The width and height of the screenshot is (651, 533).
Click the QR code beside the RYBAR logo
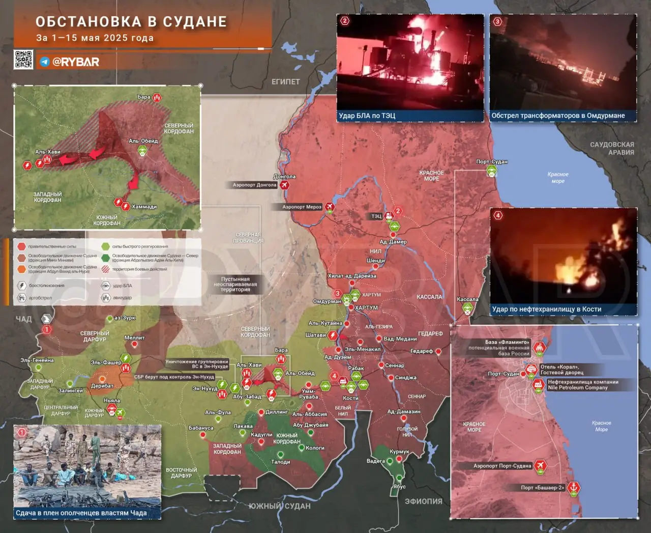pyautogui.click(x=23, y=60)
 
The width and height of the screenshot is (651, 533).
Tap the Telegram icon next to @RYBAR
pyautogui.click(x=45, y=62)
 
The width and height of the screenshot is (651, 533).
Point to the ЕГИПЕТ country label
pyautogui.click(x=285, y=81)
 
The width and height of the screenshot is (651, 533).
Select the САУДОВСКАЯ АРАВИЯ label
pyautogui.click(x=612, y=148)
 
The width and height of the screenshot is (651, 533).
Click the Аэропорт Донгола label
pyautogui.click(x=254, y=185)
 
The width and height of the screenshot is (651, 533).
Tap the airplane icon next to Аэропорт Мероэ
pyautogui.click(x=330, y=207)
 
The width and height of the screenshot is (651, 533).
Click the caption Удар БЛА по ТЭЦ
pyautogui.click(x=367, y=116)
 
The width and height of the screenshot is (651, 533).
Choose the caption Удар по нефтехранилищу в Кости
pyautogui.click(x=546, y=309)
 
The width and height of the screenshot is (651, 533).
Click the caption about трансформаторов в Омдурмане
pyautogui.click(x=558, y=116)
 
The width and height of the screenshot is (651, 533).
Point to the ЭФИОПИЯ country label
pyautogui.click(x=423, y=501)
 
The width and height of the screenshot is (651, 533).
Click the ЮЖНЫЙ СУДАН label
pyautogui.click(x=279, y=506)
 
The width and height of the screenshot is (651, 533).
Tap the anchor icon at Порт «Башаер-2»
pyautogui.click(x=573, y=488)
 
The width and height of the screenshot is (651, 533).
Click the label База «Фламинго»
pyautogui.click(x=507, y=342)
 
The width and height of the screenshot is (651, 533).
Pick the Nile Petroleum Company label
pyautogui.click(x=577, y=387)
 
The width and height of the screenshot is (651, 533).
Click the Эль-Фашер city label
pyautogui.click(x=106, y=362)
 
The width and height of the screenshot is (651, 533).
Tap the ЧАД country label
pyautogui.click(x=23, y=319)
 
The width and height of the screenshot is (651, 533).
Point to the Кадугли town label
pyautogui.click(x=261, y=435)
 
